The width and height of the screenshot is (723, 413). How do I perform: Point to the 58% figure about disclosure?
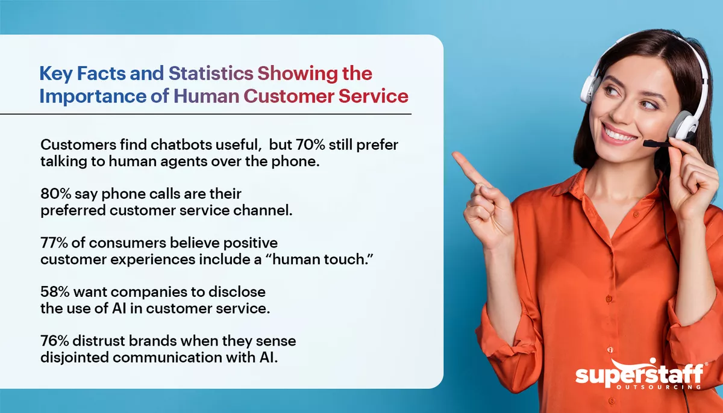(55, 293)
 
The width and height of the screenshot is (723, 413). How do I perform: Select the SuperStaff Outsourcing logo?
(638, 376)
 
